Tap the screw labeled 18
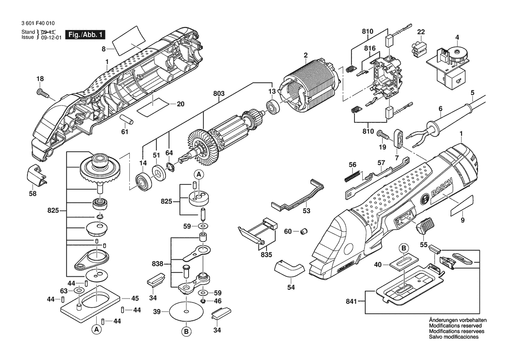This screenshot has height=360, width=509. point(42,92)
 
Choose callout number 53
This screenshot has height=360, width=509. point(307,211)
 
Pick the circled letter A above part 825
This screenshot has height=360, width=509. point(199,175)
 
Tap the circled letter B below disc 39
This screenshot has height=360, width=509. point(186,332)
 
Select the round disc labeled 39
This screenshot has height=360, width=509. point(186,311)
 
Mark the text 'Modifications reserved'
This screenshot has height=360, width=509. point(455,326)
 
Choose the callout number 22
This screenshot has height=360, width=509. point(421,32)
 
